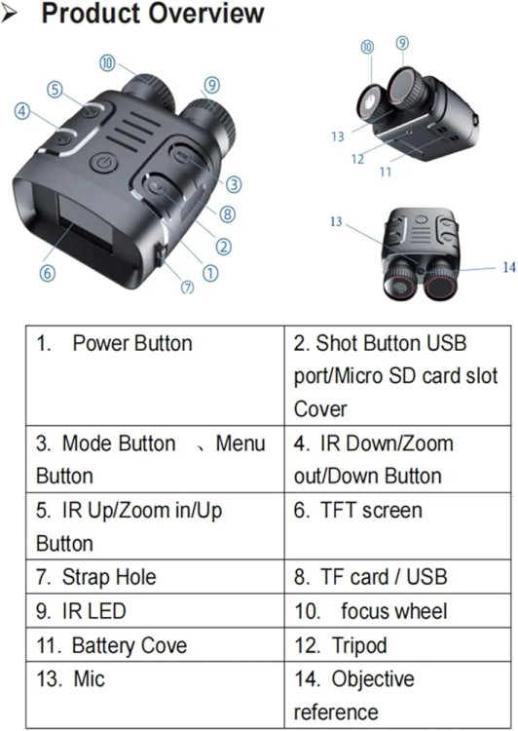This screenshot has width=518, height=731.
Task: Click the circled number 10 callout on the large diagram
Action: (107, 63)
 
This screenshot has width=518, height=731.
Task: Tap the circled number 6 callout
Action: (47, 273)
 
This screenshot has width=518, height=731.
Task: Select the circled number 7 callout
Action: (187, 288)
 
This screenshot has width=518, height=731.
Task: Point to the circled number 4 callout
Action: (21, 111)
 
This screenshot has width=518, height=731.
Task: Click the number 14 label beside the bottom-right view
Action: (509, 267)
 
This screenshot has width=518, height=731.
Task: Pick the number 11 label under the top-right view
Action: (386, 172)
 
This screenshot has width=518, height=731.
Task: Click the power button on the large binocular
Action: (103, 164)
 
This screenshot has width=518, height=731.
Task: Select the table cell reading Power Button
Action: (155, 376)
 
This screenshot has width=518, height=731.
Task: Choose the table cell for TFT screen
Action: (398, 526)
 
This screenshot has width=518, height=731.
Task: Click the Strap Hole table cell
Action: (155, 577)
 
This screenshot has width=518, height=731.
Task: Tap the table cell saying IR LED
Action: (155, 611)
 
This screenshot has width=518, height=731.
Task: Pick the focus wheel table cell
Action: (398, 611)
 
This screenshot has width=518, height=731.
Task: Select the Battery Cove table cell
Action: (155, 645)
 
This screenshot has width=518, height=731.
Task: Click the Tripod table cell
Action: (398, 645)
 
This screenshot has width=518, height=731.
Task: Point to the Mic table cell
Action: (155, 694)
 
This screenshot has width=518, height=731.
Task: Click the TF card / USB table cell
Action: (398, 577)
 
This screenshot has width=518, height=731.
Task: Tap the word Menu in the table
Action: (240, 442)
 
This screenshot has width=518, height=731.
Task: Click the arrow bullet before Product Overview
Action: (10, 15)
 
